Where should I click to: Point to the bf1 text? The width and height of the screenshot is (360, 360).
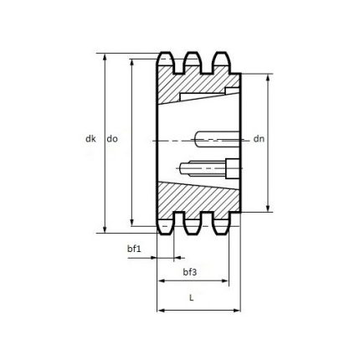[x=134, y=249]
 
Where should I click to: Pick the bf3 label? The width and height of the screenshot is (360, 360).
[x=190, y=273]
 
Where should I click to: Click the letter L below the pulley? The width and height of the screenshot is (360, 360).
[x=193, y=297]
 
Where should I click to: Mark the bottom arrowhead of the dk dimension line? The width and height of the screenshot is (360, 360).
[x=105, y=229]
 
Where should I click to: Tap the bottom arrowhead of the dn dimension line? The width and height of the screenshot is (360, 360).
[x=268, y=209]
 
